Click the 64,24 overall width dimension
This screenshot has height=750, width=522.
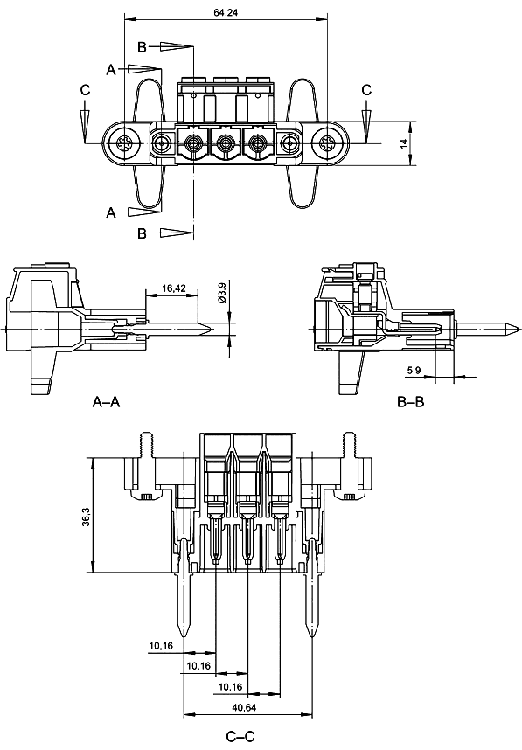pos(226,12)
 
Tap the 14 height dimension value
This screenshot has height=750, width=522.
pos(404,143)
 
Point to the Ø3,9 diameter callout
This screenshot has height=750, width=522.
pos(221,292)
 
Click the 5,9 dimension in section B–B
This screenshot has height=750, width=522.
pos(414,370)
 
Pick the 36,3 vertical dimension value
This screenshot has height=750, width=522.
pos(86,517)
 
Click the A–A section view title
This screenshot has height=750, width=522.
pos(106,402)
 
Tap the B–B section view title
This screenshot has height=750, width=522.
pos(411,402)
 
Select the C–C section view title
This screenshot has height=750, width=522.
pos(240,737)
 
